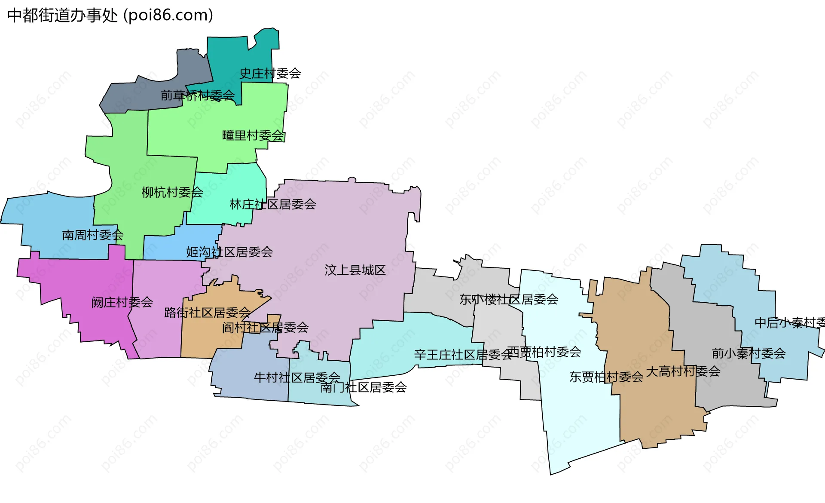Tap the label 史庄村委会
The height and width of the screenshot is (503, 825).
pos(270,74)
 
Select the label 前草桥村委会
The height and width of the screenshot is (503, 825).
pos(198,95)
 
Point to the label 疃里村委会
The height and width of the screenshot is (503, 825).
pos(253,136)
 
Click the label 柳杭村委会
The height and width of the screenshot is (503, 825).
pos(172,192)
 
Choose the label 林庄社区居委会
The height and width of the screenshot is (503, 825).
pos(273,204)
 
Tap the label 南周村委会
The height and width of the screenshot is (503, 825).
pos(93,235)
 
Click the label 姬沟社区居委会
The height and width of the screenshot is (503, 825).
pos(229,252)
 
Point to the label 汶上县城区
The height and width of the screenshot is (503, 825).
pos(355,270)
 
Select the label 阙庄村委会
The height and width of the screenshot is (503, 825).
pos(122,302)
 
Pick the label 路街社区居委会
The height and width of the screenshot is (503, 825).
pos(207,313)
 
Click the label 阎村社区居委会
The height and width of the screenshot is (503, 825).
pos(265,328)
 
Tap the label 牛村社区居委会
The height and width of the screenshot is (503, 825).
pos(297,377)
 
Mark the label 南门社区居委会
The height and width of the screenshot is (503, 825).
pos(364,387)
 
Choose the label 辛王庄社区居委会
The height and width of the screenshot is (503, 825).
pos(463,355)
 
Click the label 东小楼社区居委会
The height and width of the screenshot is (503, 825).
pos(509,299)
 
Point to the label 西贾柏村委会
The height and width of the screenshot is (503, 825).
pos(544,352)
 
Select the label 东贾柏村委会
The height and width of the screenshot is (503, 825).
pos(606,377)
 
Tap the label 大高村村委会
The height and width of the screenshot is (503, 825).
pos(683,371)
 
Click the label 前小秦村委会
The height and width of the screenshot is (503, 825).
pos(749,353)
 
